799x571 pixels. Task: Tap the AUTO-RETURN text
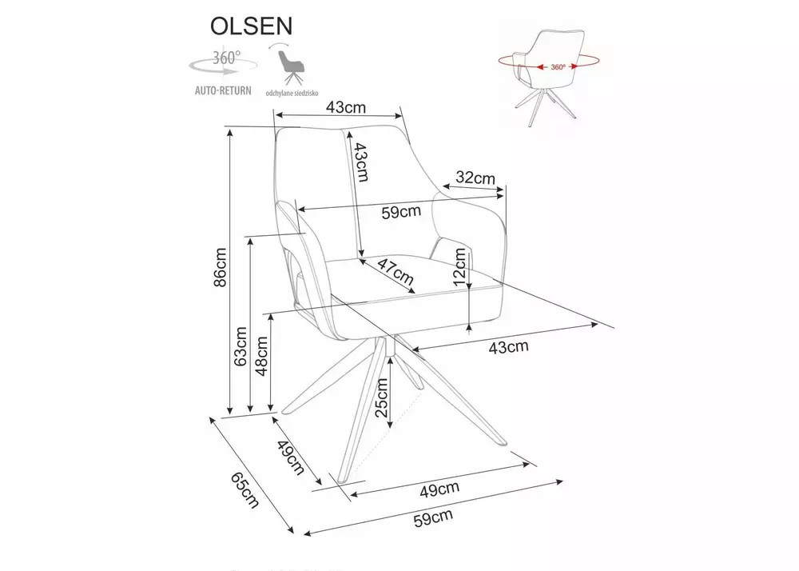[x=223, y=90]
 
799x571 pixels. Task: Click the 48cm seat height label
[x=261, y=354]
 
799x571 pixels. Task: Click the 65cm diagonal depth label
[x=244, y=489]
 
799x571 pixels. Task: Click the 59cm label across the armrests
[x=400, y=212]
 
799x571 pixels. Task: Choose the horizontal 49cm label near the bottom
[x=439, y=487]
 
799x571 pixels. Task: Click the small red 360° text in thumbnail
[x=558, y=67]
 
